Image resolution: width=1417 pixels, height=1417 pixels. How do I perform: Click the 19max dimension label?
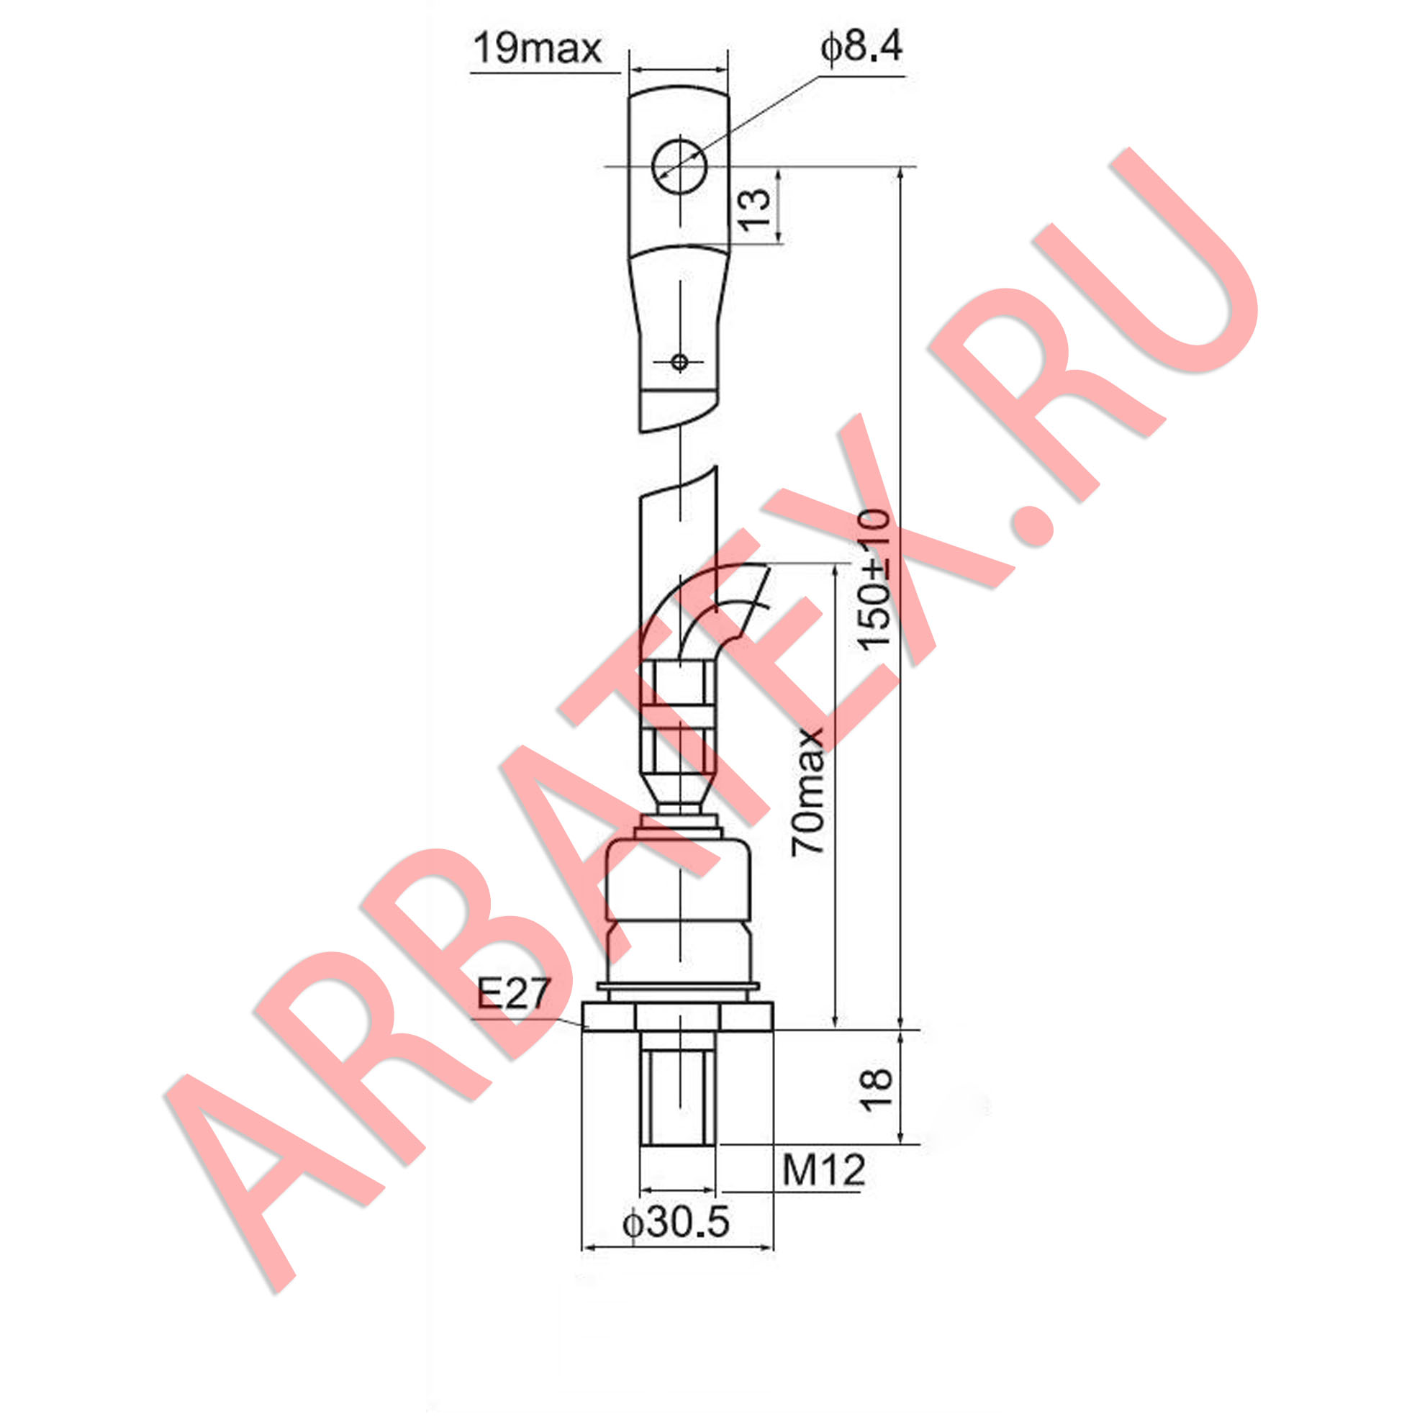[537, 48]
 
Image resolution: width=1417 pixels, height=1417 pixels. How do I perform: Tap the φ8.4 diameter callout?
[862, 47]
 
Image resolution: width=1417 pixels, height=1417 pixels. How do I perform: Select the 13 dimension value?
[754, 209]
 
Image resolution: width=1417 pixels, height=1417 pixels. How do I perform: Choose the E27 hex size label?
[512, 994]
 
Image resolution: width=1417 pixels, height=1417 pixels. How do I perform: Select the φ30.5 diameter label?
[676, 1222]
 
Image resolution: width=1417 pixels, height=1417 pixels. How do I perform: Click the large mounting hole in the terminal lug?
[679, 166]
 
